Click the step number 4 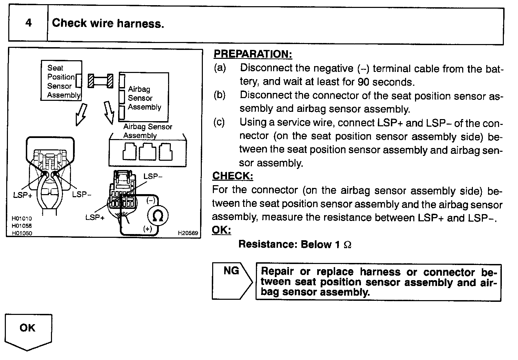(28, 23)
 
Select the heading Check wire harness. (108, 23)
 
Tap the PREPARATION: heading (253, 54)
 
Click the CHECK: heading (232, 176)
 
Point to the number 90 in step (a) (364, 82)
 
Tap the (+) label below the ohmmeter (148, 229)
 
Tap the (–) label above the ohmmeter (151, 200)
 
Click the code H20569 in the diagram (188, 233)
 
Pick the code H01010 (21, 219)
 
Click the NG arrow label (231, 271)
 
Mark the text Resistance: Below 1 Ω (295, 244)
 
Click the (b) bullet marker (219, 95)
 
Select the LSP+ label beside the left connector (23, 195)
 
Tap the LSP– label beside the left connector (82, 194)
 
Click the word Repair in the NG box (277, 272)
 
